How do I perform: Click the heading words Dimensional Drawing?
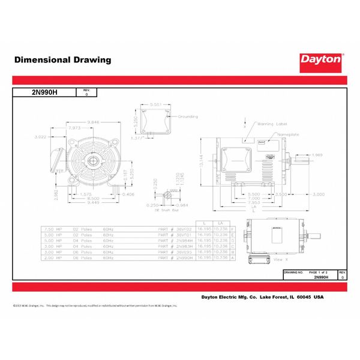pos(62,60)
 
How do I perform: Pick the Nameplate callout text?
pos(288,135)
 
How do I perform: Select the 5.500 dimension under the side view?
pos(253,194)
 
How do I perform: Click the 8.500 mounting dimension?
pos(93,198)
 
